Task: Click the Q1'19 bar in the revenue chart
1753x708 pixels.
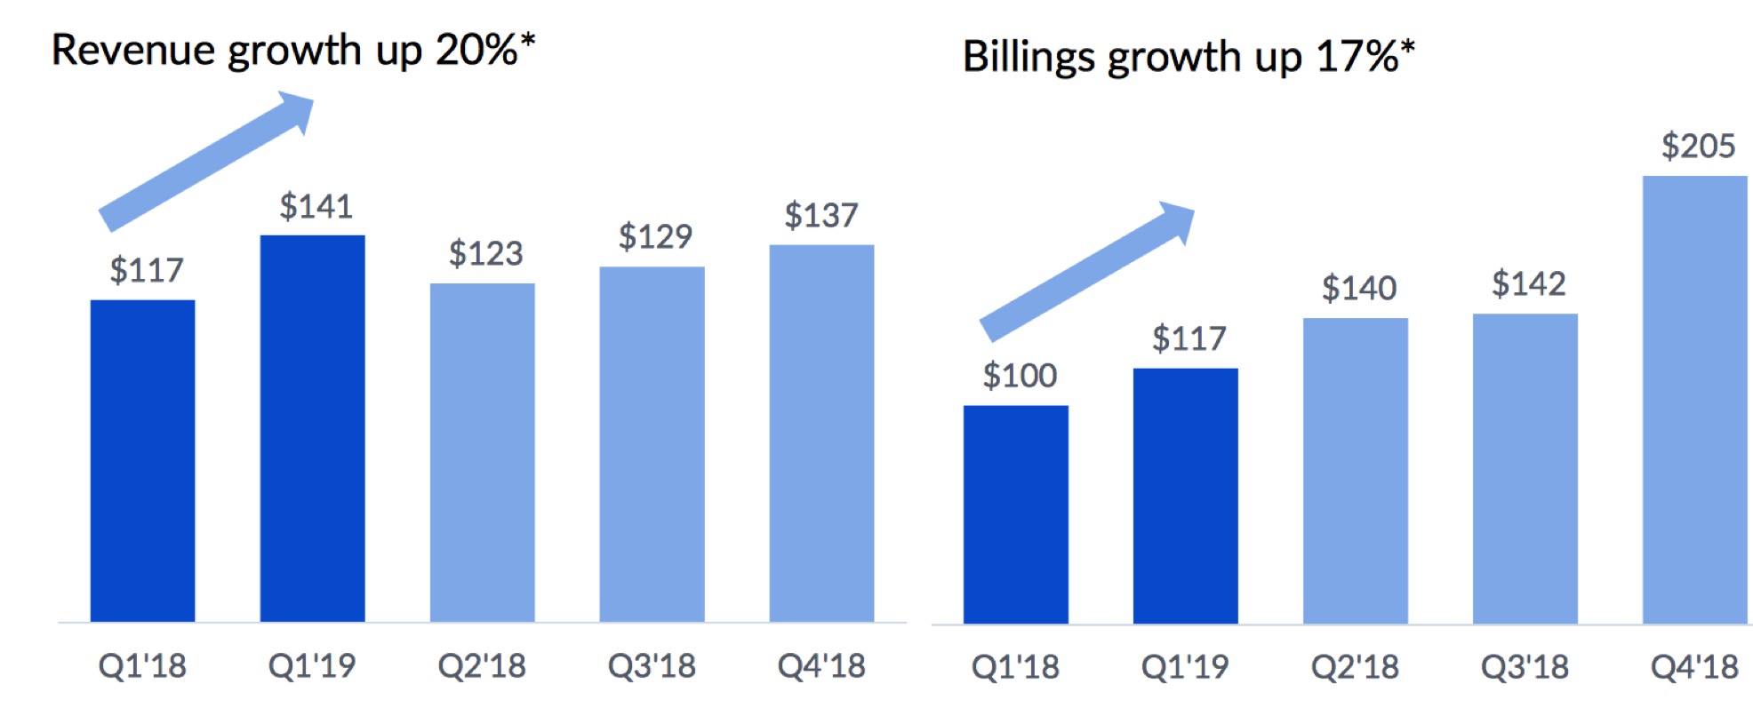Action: tap(312, 428)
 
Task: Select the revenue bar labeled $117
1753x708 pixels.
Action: tap(142, 461)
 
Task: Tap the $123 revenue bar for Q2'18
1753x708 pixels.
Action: tap(483, 453)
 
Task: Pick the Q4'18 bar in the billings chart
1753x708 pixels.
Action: tap(1694, 400)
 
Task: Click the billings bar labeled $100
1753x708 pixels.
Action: tap(1016, 515)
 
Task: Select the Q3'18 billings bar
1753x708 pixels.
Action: tap(1525, 469)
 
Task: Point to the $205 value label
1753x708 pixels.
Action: tap(1698, 146)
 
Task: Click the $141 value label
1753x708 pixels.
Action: tap(316, 207)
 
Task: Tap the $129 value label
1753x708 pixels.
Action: tap(655, 237)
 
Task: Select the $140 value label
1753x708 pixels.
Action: tap(1359, 289)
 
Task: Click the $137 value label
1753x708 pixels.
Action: tap(821, 216)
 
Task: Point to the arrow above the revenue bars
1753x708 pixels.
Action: tap(206, 161)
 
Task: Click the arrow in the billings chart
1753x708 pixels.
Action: tap(1087, 272)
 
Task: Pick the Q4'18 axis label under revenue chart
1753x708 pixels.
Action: tap(821, 666)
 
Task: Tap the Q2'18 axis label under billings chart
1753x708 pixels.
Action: tap(1355, 667)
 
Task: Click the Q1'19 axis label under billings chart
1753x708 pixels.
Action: tap(1185, 667)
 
